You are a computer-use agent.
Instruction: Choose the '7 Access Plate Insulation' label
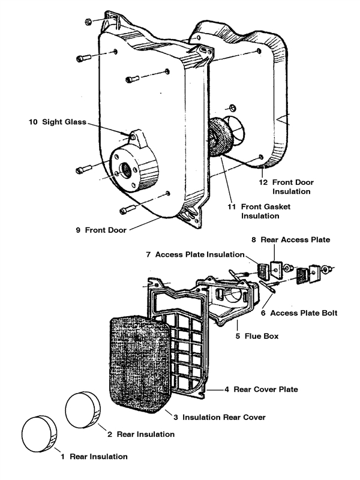coord(195,254)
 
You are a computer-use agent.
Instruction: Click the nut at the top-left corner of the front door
coord(88,22)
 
